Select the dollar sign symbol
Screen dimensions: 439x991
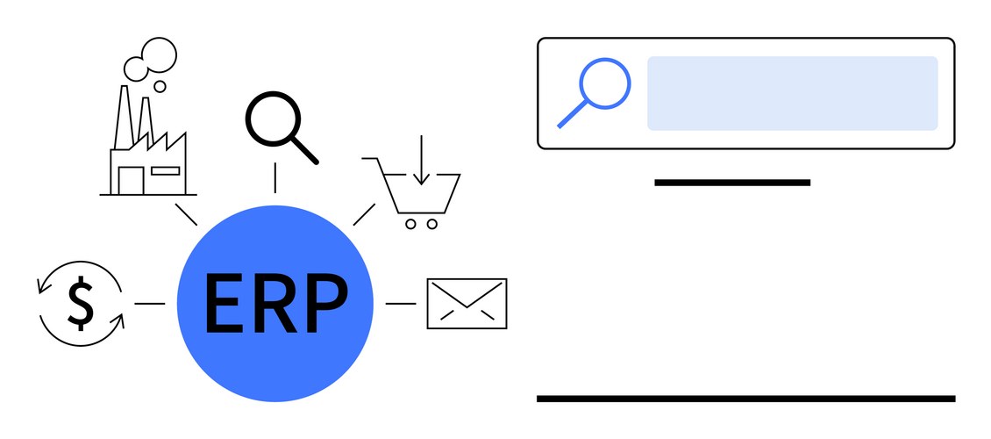point(81,303)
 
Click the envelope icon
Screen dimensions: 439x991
point(467,304)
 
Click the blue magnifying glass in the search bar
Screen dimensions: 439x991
point(603,83)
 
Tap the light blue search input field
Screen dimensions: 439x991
point(792,93)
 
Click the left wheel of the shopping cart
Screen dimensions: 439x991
point(410,224)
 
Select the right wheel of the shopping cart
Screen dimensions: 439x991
point(432,224)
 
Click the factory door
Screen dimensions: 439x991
point(131,180)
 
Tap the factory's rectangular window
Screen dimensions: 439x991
point(165,170)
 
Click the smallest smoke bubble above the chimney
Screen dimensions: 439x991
point(160,86)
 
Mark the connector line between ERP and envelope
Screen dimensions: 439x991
point(401,304)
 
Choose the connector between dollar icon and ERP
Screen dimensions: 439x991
point(150,304)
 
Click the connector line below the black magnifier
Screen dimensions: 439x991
point(275,177)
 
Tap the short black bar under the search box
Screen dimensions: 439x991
point(732,183)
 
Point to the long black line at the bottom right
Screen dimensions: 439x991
point(745,399)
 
